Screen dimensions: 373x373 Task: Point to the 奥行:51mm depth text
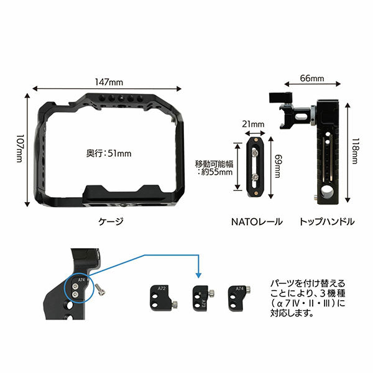click(x=108, y=151)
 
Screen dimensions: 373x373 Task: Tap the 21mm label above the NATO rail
click(x=254, y=124)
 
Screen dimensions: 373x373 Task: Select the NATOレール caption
click(x=257, y=221)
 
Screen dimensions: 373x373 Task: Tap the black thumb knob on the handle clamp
click(x=274, y=98)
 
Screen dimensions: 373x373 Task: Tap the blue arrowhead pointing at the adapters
click(x=198, y=276)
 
